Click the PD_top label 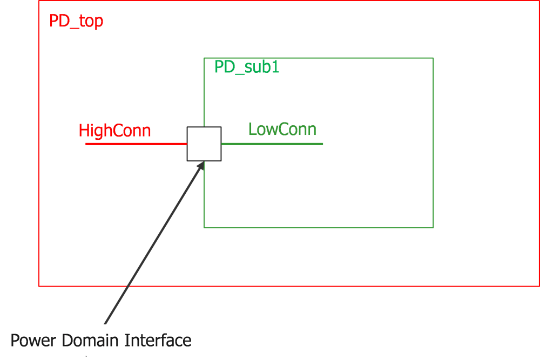pos(76,22)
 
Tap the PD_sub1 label pos(247,67)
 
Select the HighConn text pos(114,131)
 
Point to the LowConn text pos(282,130)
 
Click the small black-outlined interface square pos(204,144)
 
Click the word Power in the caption pos(34,341)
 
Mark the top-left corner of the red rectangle pos(39,1)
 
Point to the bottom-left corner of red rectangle pos(39,286)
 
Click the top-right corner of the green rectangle pos(433,58)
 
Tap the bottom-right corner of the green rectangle pos(433,227)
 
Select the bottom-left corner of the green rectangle pos(204,227)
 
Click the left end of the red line pos(86,144)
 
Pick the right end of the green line pos(322,144)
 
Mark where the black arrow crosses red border pos(126,286)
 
